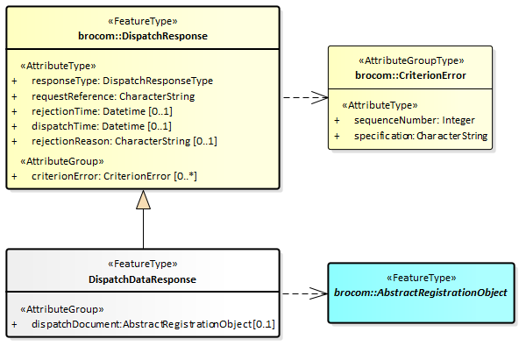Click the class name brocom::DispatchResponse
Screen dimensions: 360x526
point(143,35)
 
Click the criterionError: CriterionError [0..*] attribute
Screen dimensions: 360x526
point(115,176)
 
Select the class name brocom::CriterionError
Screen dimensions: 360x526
point(410,75)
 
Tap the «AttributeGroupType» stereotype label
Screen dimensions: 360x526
point(410,61)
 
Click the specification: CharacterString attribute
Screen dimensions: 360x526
point(421,136)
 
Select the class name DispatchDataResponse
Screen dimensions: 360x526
point(142,279)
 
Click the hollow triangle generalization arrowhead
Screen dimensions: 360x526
point(143,200)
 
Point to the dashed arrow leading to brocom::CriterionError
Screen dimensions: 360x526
point(303,96)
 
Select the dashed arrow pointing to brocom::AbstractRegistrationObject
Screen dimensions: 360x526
point(303,293)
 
